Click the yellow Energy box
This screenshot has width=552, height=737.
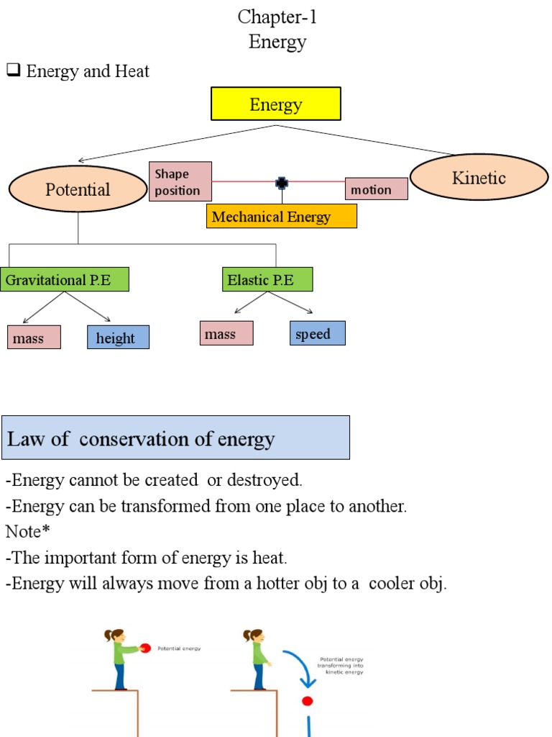point(275,104)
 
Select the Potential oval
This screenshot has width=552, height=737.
point(78,189)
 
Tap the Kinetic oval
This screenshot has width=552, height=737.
point(479,177)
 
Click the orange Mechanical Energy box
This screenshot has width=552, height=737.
point(281,217)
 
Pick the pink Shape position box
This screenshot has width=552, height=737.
point(180,181)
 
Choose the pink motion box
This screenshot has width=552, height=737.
point(376,189)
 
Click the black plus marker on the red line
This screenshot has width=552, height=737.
point(282,183)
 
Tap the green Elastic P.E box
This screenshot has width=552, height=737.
point(267,279)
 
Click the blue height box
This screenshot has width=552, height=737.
point(118,338)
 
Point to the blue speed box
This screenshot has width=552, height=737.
point(318,333)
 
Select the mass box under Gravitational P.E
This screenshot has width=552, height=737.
point(34,338)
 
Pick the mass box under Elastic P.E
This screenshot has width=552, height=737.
point(226,333)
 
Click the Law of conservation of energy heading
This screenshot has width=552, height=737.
point(175,438)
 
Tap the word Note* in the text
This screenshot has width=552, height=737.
point(27,532)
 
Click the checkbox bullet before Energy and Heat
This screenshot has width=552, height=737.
point(12,71)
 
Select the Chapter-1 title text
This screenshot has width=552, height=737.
point(277,17)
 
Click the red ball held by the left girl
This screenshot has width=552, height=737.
point(144,648)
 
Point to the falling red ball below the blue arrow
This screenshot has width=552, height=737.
point(308,700)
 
